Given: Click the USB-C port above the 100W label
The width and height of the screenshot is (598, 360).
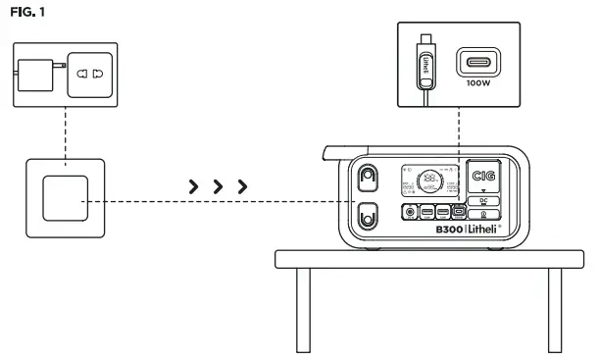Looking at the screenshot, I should [x=480, y=62].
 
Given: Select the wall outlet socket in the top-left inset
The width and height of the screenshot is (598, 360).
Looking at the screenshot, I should [x=90, y=74].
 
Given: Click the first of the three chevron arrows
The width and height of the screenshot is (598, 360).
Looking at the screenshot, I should [x=193, y=185].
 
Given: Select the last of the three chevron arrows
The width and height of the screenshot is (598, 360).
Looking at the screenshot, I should [x=241, y=185].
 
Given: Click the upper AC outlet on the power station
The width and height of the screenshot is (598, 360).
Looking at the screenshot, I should [x=368, y=178].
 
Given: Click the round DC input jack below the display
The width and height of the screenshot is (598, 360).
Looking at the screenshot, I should [x=409, y=211].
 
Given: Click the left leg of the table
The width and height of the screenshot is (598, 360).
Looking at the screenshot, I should [x=304, y=309].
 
